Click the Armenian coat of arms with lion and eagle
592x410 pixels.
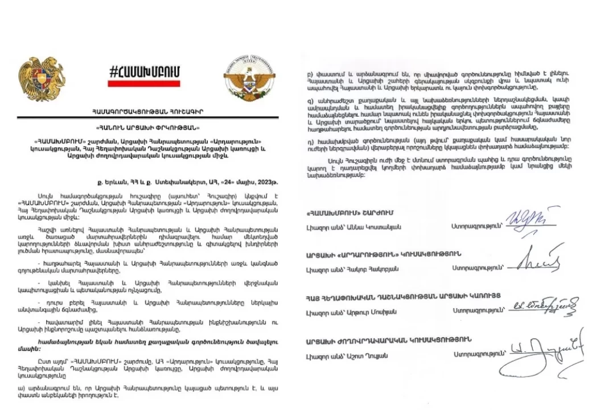42,79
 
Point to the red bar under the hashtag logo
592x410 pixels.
144,83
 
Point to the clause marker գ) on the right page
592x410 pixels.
310,99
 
